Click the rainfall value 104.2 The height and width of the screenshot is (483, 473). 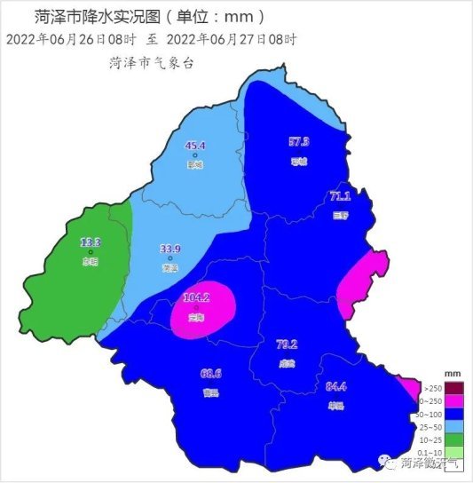coord(195,297)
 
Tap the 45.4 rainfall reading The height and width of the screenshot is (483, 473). coord(195,146)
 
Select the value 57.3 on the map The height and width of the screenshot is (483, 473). coord(299,141)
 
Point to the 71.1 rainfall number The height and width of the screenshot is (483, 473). coord(340,196)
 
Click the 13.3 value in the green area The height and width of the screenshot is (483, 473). coord(91,241)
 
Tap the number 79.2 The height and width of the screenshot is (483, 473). coord(286,344)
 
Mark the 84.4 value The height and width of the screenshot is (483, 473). coord(336,385)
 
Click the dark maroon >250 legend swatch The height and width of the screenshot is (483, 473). coord(454,388)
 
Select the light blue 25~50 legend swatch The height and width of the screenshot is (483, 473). coord(454,427)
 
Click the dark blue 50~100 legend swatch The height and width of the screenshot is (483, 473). coord(454,414)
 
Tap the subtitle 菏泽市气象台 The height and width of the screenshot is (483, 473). coord(151,62)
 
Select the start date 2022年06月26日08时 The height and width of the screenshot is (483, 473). coord(68,39)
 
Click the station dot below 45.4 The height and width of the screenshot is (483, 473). coord(194,156)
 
